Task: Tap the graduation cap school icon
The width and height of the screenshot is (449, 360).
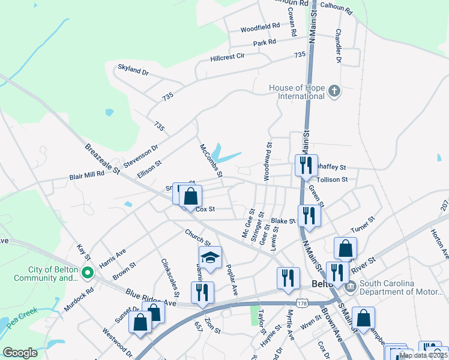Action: click(210, 257)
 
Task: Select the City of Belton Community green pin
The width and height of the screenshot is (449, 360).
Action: click(87, 274)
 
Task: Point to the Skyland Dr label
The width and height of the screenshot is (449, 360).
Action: click(133, 71)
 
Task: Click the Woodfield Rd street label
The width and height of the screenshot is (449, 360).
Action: click(261, 28)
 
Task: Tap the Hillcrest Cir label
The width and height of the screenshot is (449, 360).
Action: click(228, 57)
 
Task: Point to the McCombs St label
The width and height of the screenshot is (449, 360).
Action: click(211, 160)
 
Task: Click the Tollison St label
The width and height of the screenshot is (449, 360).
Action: click(332, 179)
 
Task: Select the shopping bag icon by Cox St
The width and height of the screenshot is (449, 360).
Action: click(190, 195)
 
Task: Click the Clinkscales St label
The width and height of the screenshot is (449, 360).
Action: click(170, 278)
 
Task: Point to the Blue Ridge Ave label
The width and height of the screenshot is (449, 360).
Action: click(151, 298)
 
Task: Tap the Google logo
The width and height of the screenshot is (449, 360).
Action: click(20, 353)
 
